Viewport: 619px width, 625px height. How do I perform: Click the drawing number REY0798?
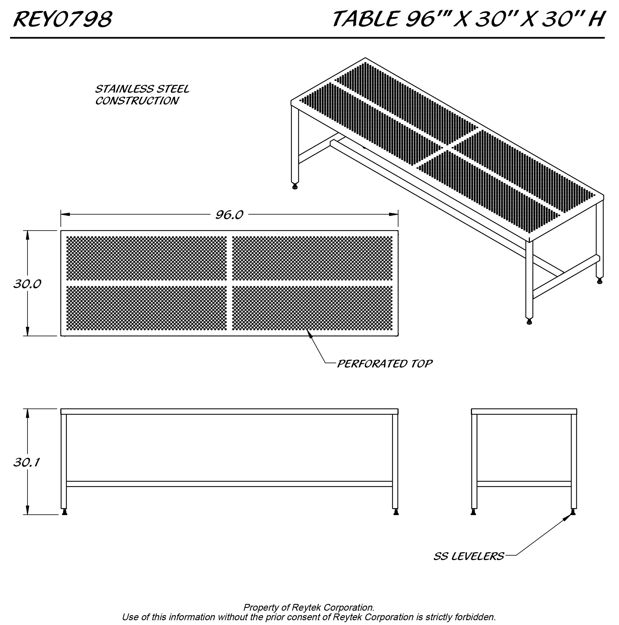pos(63,19)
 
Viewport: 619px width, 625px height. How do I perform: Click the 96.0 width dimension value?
pos(229,215)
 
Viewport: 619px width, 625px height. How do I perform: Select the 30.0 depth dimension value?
pos(27,284)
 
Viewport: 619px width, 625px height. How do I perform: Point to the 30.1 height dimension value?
pos(26,462)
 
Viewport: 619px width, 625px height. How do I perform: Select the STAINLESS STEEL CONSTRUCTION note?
pos(142,95)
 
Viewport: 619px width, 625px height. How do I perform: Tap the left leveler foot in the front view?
pos(64,512)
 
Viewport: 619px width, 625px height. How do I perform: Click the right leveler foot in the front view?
pos(396,512)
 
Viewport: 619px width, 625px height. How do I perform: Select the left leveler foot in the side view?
pos(473,512)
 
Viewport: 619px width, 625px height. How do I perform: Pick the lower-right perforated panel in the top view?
pos(312,308)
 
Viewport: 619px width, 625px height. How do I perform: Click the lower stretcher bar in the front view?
pos(229,484)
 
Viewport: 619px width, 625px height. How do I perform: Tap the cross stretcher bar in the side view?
pos(524,484)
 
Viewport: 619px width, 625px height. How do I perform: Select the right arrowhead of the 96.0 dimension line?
pos(394,214)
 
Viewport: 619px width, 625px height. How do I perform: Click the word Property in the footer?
pos(259,607)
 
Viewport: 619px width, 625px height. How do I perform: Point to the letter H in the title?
pos(596,19)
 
